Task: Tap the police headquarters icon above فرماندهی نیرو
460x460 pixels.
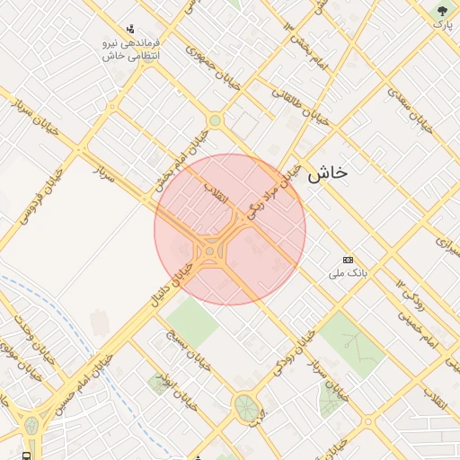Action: click(131, 29)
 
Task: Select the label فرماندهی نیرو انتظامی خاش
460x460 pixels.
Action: click(131, 49)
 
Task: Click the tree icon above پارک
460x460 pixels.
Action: click(442, 11)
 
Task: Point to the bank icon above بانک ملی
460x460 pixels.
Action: click(348, 260)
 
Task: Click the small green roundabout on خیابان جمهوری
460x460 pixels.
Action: click(214, 120)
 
